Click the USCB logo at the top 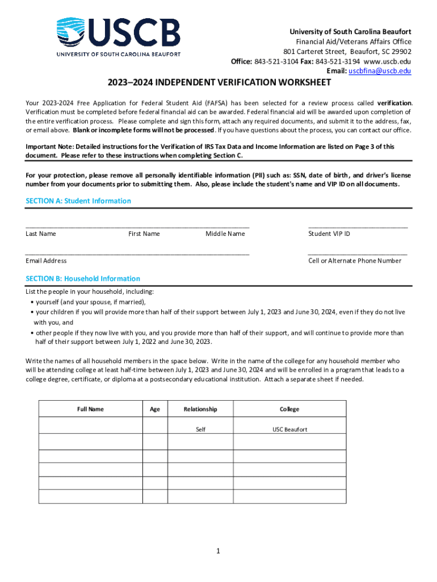tap(118, 37)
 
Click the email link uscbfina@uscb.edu tap(380, 71)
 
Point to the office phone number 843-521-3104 tap(274, 61)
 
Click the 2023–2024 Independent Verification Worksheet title tap(219, 83)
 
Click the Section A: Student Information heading tap(78, 201)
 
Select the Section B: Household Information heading tap(83, 278)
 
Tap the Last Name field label tap(41, 234)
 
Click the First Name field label tap(144, 234)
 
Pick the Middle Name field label tap(225, 234)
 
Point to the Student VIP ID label tap(329, 234)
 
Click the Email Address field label tap(46, 261)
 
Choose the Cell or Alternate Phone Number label tap(355, 261)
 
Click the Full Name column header tap(90, 409)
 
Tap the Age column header tap(155, 409)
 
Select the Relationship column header tap(200, 409)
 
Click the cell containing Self tap(200, 430)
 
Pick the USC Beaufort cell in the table tap(289, 430)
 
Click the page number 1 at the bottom tap(218, 551)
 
